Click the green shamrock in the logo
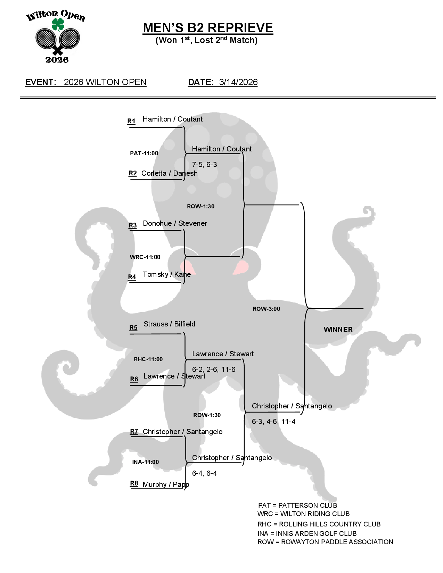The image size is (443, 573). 58,24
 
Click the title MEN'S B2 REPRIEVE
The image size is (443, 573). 208,28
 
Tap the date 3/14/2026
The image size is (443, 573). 238,82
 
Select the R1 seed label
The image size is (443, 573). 131,121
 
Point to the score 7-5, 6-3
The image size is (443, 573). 204,165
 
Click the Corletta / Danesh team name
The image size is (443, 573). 169,173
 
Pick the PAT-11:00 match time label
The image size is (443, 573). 144,153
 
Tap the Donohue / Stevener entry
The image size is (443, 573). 175,223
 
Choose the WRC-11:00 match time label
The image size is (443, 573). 145,257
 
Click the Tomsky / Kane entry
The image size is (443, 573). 166,274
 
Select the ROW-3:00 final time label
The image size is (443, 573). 266,309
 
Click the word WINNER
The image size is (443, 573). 338,330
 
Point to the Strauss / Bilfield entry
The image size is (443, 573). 169,324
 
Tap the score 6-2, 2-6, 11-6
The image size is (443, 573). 214,369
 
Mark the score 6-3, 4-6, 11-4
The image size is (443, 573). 273,422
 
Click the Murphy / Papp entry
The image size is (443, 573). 166,484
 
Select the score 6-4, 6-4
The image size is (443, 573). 204,473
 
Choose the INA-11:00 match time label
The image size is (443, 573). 145,462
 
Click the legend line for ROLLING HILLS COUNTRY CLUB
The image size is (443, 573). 319,524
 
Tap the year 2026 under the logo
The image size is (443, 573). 57,60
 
